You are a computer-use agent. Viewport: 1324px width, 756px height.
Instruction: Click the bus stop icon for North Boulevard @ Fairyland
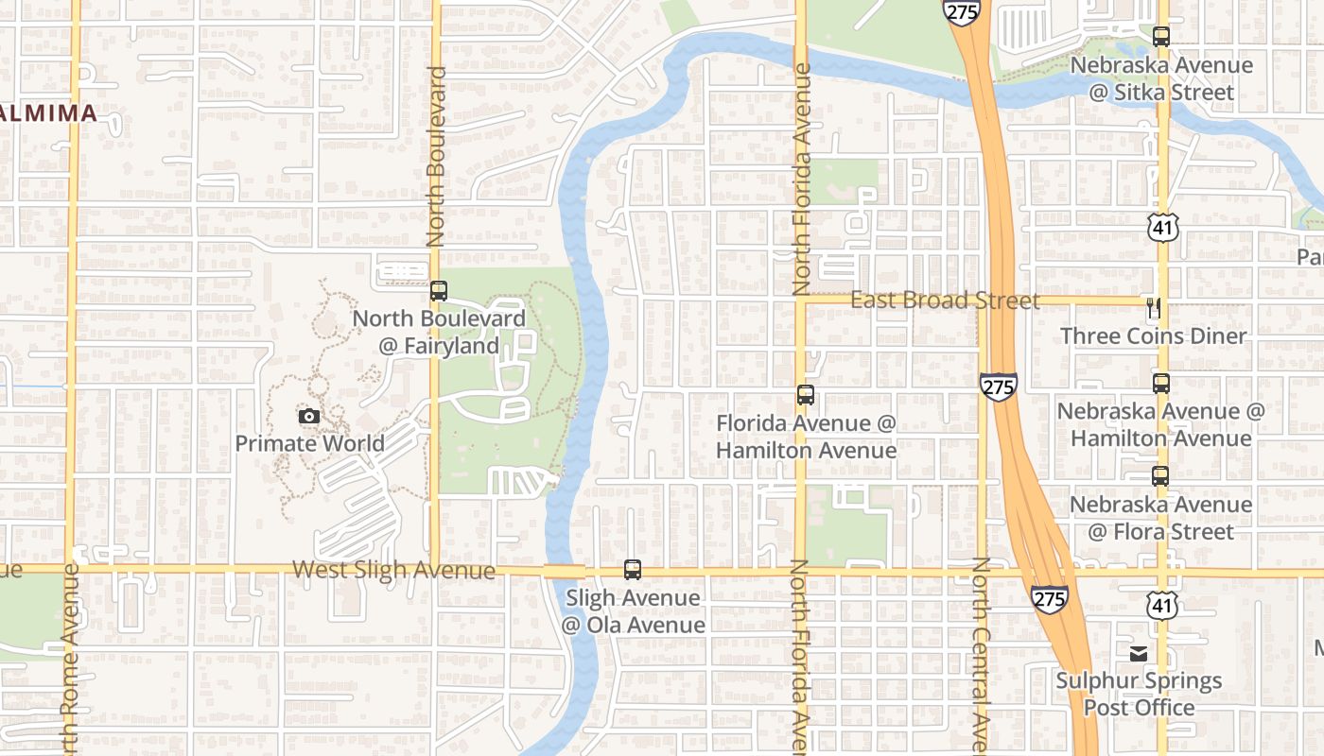438,291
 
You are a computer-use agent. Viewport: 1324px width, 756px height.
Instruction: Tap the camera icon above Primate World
308,416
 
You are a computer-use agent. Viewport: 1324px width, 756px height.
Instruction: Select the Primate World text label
309,443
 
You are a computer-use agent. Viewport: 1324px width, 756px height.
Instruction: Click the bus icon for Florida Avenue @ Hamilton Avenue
806,395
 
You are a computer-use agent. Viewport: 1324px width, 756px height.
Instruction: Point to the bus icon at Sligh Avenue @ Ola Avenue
633,570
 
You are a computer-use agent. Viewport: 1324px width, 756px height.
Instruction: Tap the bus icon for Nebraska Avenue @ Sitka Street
1161,37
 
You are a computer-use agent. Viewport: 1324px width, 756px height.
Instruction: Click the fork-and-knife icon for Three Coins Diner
1153,307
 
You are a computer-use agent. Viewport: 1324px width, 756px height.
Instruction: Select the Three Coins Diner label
1154,336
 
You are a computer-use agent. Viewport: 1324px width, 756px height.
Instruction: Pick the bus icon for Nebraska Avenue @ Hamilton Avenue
1161,384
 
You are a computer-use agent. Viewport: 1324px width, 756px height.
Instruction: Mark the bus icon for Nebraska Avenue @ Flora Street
1160,475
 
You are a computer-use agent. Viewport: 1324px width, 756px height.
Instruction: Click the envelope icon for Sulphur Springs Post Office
1139,653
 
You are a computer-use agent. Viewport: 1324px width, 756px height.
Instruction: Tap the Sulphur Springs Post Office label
1139,694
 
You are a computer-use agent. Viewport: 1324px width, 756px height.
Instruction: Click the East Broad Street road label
945,301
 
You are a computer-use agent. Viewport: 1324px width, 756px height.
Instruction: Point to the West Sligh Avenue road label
393,570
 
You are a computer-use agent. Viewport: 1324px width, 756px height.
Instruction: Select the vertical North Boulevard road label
436,156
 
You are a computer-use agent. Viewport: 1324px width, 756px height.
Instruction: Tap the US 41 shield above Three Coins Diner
1163,226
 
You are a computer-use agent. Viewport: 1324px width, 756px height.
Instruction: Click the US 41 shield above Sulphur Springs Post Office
1162,605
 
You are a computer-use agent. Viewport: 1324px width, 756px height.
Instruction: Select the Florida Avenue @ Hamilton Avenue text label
806,437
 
